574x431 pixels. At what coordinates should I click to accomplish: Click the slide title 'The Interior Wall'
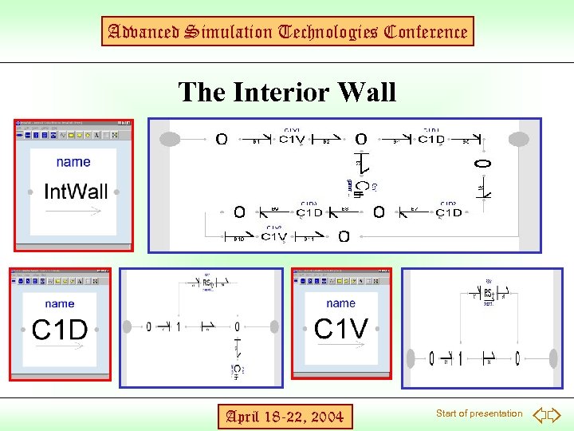287,92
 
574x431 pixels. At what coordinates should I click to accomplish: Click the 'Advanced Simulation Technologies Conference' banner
287,32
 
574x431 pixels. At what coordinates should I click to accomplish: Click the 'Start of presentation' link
479,413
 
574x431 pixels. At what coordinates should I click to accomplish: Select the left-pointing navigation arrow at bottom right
540,414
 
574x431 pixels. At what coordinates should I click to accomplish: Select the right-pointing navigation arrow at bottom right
555,414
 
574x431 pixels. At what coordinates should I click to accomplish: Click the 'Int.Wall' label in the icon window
75,192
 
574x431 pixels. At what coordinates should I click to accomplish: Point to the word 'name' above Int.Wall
73,162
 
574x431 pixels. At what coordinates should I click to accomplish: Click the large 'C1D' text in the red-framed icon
61,330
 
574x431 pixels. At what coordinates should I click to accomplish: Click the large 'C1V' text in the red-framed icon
341,328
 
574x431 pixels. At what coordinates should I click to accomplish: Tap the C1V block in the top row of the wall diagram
292,140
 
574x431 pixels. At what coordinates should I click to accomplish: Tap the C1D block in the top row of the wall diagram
431,140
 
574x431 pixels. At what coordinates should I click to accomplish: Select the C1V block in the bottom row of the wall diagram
274,236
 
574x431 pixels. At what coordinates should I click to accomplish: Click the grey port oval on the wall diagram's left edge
170,140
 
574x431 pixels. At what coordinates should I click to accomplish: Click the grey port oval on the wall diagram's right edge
519,140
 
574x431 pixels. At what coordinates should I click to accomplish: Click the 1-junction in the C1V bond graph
460,358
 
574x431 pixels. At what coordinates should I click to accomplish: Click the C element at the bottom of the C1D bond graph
238,369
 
